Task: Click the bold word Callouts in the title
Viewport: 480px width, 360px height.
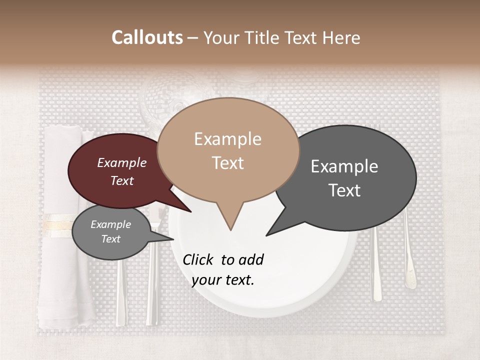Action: pyautogui.click(x=147, y=37)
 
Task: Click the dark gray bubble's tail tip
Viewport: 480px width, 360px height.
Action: pyautogui.click(x=266, y=235)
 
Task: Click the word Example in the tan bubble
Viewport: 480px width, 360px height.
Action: pyautogui.click(x=227, y=139)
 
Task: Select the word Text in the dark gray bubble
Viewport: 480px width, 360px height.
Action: pyautogui.click(x=345, y=190)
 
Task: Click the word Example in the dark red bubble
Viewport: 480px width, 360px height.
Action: pyautogui.click(x=121, y=163)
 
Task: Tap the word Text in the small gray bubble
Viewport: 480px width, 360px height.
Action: pyautogui.click(x=110, y=239)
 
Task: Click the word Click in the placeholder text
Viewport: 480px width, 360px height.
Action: pyautogui.click(x=198, y=259)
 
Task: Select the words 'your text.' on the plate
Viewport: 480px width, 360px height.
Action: pyautogui.click(x=222, y=280)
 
